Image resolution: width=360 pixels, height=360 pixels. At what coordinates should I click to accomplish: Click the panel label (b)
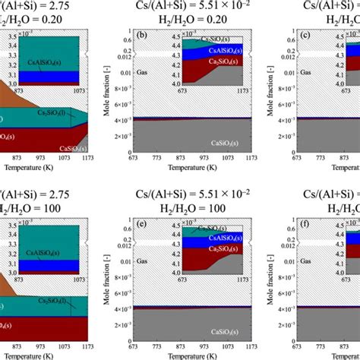pos(141,36)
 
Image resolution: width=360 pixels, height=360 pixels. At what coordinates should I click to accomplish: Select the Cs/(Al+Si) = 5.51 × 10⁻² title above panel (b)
pos(186,6)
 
